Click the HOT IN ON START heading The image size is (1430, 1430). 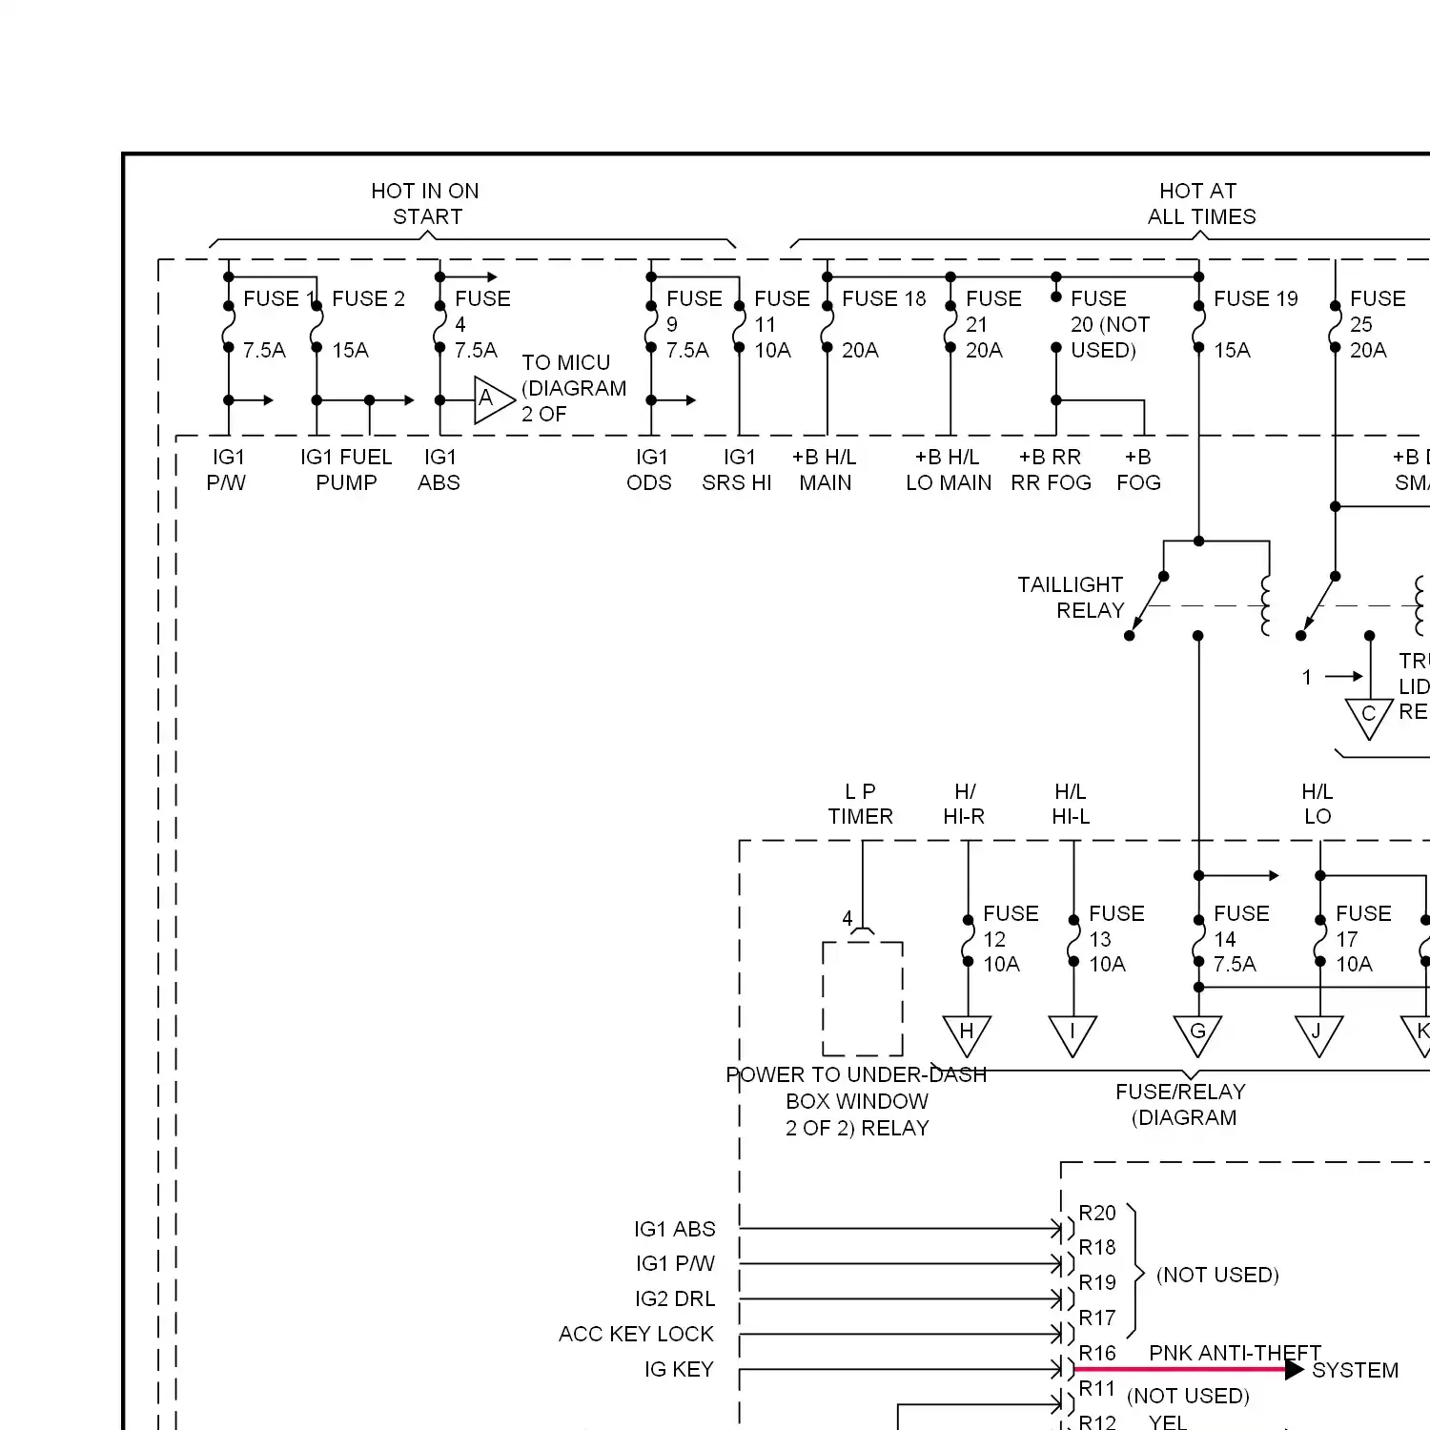coord(425,204)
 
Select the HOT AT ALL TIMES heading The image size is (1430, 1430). coord(1200,204)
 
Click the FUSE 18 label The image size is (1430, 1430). coord(884,299)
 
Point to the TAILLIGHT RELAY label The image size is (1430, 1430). coord(1071,598)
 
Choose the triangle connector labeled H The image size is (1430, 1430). coord(967,1033)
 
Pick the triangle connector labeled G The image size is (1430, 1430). coord(1197,1033)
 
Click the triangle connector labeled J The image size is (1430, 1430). coord(1318,1033)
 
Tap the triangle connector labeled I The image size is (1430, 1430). coord(1072,1033)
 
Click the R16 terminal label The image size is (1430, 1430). coord(1096,1354)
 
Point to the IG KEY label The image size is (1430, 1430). coord(679,1370)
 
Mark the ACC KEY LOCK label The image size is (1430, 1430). coord(636,1334)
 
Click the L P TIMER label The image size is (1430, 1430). coord(860,804)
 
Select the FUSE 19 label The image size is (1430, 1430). coord(1256,299)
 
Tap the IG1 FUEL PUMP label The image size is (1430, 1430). coord(346,470)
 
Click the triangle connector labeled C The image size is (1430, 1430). coord(1368,716)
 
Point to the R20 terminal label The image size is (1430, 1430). coord(1096,1214)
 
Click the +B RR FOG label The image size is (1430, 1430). coord(1051,470)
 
